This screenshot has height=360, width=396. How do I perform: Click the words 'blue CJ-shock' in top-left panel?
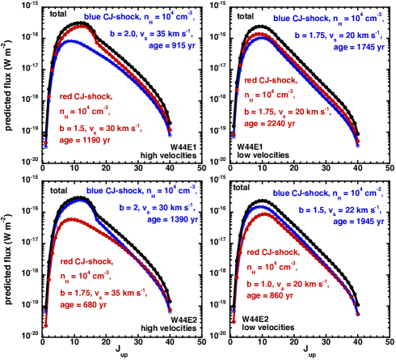(x=110, y=16)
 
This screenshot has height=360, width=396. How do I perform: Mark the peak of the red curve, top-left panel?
(x=81, y=28)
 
